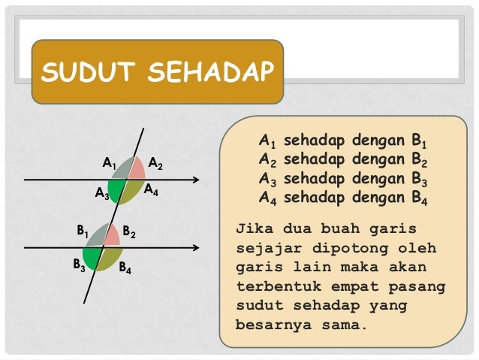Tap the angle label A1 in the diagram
pos(109,162)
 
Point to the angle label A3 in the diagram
pos(102,194)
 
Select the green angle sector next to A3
pos(116,189)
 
